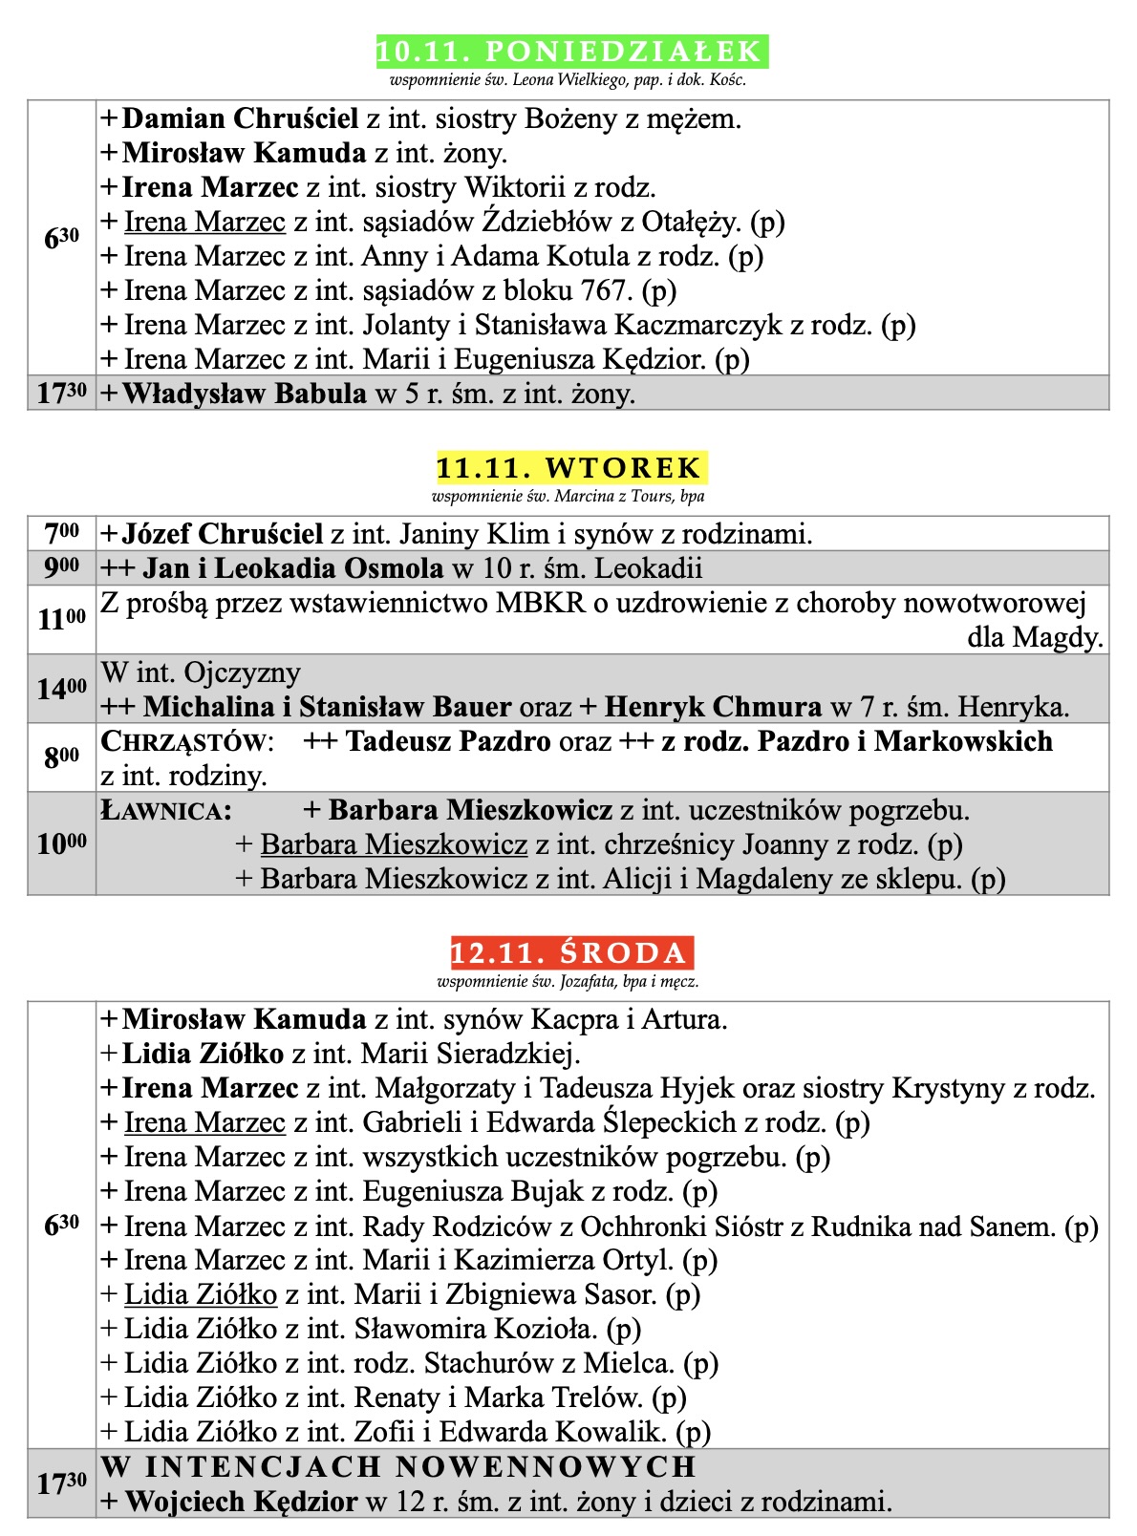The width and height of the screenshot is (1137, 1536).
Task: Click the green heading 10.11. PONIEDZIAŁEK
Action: pyautogui.click(x=570, y=52)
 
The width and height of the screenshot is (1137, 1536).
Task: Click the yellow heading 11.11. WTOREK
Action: pyautogui.click(x=570, y=468)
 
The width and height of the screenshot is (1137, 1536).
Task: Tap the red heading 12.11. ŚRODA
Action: pyautogui.click(x=570, y=953)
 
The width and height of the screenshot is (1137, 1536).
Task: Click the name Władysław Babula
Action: pyautogui.click(x=244, y=394)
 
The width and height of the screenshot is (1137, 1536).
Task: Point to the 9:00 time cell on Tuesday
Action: pyautogui.click(x=62, y=568)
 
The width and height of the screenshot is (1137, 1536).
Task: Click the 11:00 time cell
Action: pyautogui.click(x=62, y=620)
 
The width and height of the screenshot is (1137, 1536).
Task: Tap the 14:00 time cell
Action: pyautogui.click(x=62, y=689)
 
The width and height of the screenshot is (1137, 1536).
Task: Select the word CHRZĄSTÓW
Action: pyautogui.click(x=187, y=742)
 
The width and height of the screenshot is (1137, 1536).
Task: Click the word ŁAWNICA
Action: pyautogui.click(x=166, y=811)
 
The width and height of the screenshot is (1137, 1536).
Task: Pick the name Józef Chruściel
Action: pyautogui.click(x=223, y=534)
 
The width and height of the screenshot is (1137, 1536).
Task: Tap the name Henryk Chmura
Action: pyautogui.click(x=713, y=708)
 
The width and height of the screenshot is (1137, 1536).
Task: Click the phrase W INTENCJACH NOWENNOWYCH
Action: pyautogui.click(x=398, y=1467)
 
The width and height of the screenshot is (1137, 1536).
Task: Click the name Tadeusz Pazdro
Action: pyautogui.click(x=448, y=742)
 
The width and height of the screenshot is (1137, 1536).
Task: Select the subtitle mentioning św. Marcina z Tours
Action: pyautogui.click(x=568, y=497)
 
